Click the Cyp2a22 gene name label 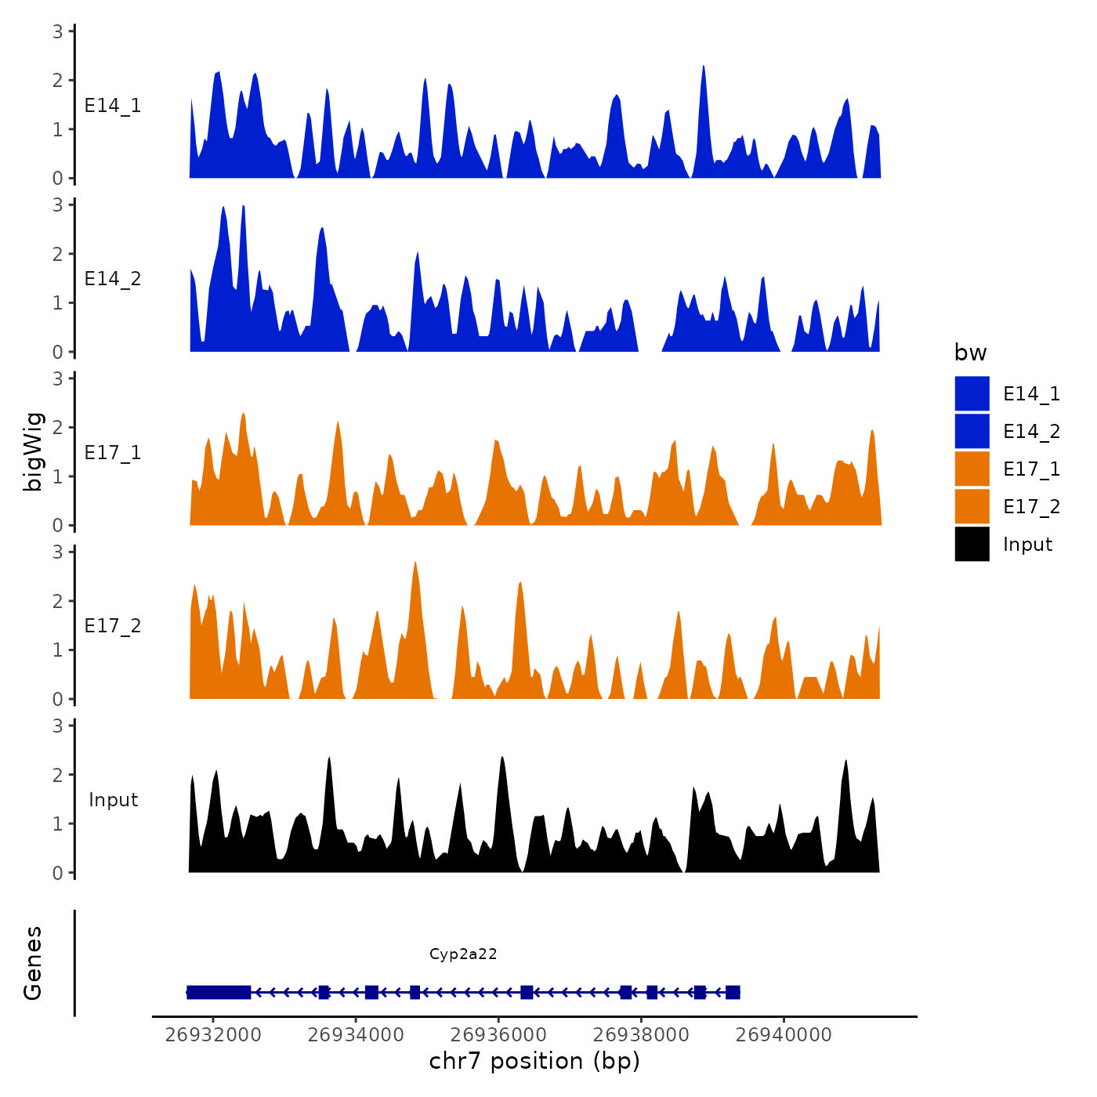coord(463,954)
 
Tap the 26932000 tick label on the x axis coord(213,1034)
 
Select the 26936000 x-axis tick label coord(499,1034)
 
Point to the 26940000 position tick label coord(784,1034)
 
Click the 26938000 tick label coord(641,1034)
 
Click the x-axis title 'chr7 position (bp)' coord(534,1061)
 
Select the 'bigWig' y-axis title coord(33,451)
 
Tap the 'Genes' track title coord(33,963)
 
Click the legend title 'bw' coord(970,353)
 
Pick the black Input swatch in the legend coord(972,544)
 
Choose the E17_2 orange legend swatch coord(972,506)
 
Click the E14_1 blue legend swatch coord(972,393)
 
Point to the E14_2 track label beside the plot coord(113,279)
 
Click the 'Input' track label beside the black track coord(113,799)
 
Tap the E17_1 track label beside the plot coord(113,452)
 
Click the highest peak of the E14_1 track coord(704,67)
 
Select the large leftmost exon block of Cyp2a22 coord(219,992)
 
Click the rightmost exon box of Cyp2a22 coord(733,992)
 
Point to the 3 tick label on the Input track coord(58,726)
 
